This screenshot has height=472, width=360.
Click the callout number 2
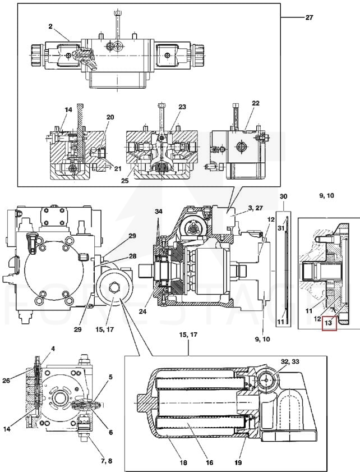[50, 26]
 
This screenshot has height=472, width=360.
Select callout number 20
[110, 117]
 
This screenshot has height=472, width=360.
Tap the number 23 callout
[182, 107]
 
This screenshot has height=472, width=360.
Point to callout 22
[255, 103]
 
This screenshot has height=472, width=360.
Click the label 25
[125, 181]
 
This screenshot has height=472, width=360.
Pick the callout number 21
[118, 168]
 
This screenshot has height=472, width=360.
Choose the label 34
[159, 212]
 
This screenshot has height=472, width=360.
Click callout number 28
[132, 256]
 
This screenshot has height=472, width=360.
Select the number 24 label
[142, 311]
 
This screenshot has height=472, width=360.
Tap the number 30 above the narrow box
[283, 196]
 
